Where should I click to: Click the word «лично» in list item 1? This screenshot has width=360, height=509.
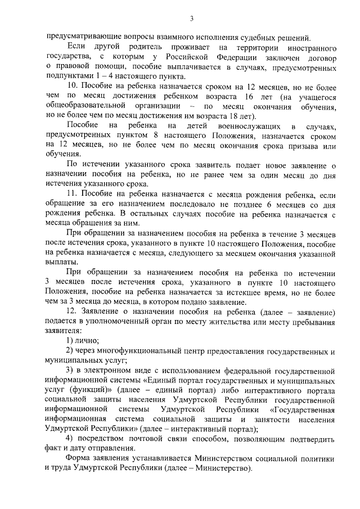tap(88, 340)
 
